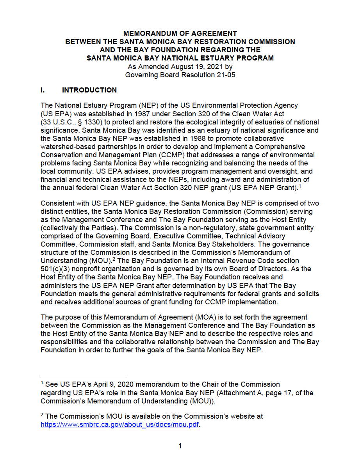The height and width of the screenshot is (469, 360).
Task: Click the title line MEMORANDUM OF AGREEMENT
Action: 180,34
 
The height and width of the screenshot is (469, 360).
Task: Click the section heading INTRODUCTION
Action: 89,90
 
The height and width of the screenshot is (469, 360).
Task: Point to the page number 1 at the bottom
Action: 180,446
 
